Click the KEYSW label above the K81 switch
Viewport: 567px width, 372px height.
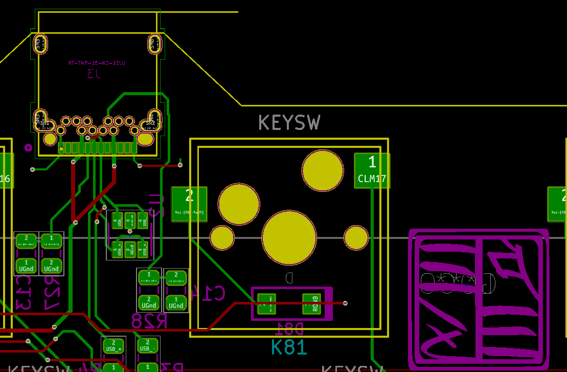click(289, 123)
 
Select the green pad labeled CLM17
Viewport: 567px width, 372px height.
click(372, 170)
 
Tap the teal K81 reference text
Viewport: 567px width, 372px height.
click(289, 347)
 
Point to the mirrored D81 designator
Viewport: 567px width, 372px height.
click(290, 327)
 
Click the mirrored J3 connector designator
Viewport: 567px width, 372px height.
click(94, 74)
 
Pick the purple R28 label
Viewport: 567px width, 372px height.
click(149, 321)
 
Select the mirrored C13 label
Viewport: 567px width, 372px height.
click(24, 293)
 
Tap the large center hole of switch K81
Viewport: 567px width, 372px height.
click(289, 237)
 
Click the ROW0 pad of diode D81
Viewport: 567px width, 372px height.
click(311, 303)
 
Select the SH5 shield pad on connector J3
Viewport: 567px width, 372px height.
click(40, 44)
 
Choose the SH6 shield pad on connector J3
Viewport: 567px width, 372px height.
click(154, 44)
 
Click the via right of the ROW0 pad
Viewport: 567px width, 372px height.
click(345, 303)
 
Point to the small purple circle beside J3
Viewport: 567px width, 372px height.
click(28, 148)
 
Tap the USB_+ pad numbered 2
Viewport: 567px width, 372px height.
click(114, 346)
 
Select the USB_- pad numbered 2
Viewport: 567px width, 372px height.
click(148, 345)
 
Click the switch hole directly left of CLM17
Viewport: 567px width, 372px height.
click(322, 170)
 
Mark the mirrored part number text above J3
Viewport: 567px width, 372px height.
click(96, 63)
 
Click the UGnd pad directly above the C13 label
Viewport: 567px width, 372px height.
click(26, 266)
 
